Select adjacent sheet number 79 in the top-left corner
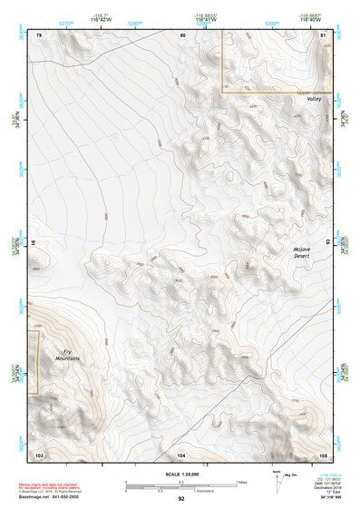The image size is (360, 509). pyautogui.click(x=39, y=34)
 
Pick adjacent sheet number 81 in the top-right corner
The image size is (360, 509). pyautogui.click(x=324, y=34)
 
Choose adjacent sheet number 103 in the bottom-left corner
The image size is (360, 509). pyautogui.click(x=39, y=453)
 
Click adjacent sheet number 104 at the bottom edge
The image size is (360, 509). pyautogui.click(x=181, y=453)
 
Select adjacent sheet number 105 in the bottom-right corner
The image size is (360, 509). pyautogui.click(x=324, y=453)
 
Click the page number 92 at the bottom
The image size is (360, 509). pyautogui.click(x=181, y=498)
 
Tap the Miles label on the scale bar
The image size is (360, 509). pyautogui.click(x=240, y=482)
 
